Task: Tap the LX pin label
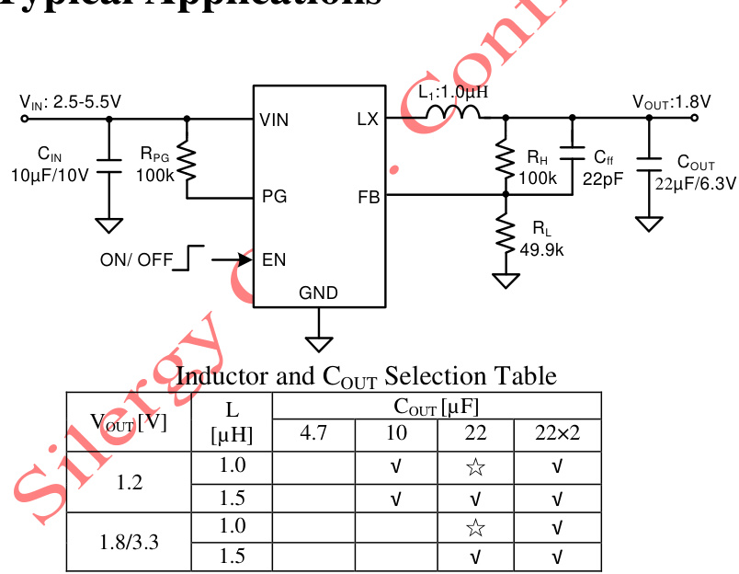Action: (367, 120)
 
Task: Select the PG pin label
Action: (273, 197)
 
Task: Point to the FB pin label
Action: (368, 197)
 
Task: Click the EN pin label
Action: (274, 259)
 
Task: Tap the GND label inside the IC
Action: (318, 293)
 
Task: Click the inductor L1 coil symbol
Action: (452, 113)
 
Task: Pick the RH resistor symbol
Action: (505, 158)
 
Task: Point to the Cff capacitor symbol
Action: (572, 155)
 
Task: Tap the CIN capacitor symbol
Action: (109, 166)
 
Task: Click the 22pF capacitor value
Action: (603, 178)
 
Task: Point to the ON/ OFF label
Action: (136, 259)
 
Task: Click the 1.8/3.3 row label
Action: (129, 541)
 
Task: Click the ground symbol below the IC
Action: (319, 343)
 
